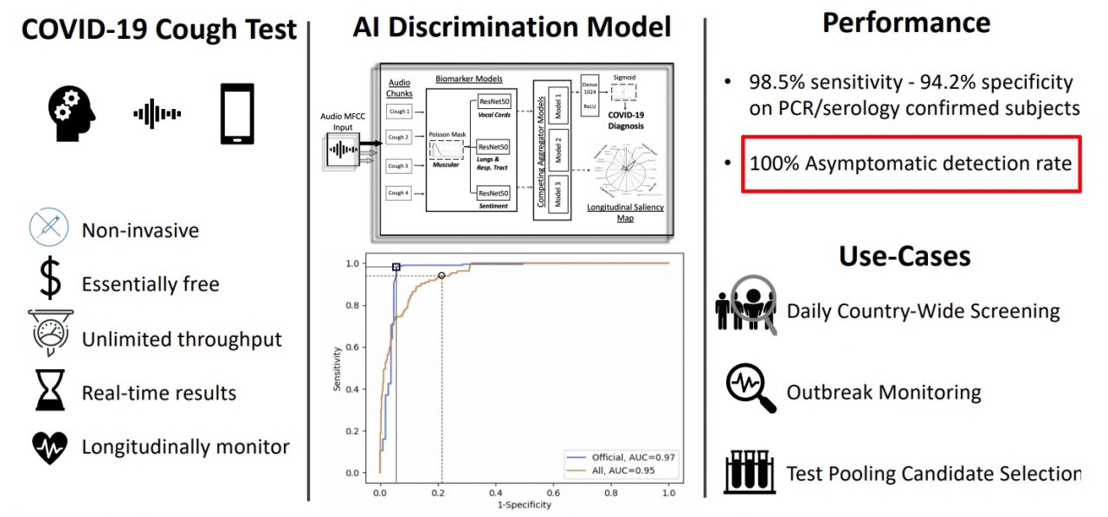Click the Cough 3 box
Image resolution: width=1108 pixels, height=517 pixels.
click(398, 166)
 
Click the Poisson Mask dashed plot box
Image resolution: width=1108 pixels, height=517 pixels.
click(447, 150)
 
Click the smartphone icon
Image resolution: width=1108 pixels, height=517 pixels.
click(237, 113)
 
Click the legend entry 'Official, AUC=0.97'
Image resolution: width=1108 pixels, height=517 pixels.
click(621, 457)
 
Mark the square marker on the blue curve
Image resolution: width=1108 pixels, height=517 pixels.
click(396, 268)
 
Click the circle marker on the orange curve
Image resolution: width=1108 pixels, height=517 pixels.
click(441, 276)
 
